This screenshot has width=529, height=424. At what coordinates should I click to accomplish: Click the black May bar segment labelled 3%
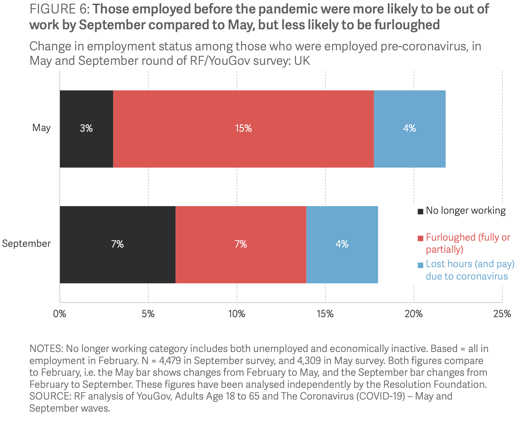coord(86,129)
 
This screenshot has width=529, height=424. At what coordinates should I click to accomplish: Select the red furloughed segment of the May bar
coord(243,129)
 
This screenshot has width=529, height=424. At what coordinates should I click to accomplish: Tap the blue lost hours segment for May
coord(409,129)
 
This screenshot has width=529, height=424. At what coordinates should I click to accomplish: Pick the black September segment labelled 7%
coord(117,244)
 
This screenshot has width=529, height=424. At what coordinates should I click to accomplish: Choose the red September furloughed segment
coord(241,244)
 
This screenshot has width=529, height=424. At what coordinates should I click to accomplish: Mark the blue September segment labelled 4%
coord(342,244)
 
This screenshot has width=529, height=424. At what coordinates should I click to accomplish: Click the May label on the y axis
coord(41,128)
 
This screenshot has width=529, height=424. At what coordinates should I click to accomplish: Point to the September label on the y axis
coord(27,244)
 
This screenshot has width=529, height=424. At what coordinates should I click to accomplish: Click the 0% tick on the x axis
coord(60,314)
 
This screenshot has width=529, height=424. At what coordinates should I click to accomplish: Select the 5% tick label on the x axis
coord(148,314)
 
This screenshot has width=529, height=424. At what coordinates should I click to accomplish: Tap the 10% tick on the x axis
coord(237,314)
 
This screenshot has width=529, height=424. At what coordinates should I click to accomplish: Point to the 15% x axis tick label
coord(325,314)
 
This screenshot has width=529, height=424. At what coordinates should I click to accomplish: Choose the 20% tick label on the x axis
coord(413,314)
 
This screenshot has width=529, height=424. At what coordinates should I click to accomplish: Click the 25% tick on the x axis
coord(502,314)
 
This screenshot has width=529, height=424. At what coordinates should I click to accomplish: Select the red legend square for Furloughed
coord(420,238)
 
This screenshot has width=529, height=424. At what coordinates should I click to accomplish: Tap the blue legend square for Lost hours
coord(420,265)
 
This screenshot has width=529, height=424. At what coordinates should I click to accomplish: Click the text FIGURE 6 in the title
coord(59,9)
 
